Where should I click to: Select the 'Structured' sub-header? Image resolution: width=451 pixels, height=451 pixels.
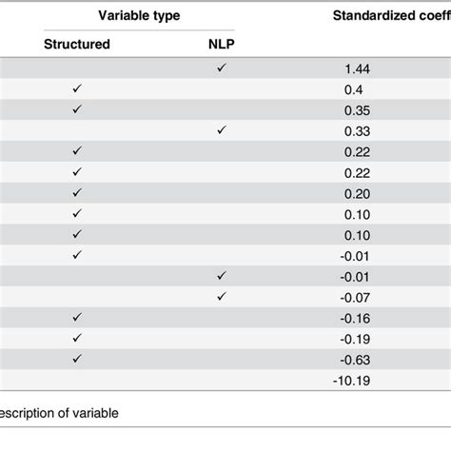[77, 44]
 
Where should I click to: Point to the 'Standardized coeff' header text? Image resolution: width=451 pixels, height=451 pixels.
[391, 16]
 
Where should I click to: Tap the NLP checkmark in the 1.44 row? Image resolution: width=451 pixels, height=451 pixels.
[222, 68]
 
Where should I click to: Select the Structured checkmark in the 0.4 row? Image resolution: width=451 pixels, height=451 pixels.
[77, 88]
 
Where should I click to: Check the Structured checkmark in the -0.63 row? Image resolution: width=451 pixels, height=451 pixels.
[77, 359]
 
